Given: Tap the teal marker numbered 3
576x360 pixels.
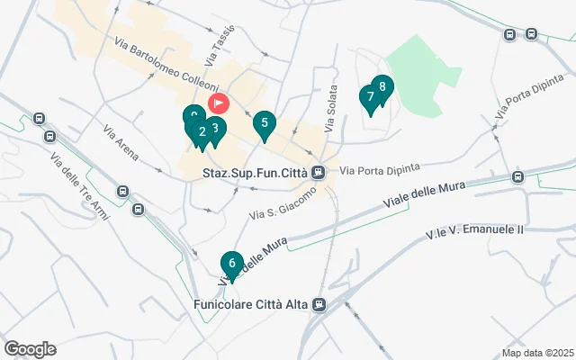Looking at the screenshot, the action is (x=213, y=128).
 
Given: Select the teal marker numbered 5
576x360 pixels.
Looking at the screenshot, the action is (x=264, y=123).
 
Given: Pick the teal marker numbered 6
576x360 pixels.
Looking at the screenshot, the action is (x=232, y=264).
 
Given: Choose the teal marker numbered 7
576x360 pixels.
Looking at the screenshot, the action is (x=370, y=97).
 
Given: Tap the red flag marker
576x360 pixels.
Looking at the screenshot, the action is (x=219, y=103).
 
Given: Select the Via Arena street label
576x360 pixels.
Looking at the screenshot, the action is (x=120, y=142).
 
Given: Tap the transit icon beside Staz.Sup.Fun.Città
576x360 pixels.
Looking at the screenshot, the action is (x=319, y=173).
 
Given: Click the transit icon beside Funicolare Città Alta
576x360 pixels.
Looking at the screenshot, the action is (x=319, y=304).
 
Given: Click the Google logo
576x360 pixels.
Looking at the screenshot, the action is (x=30, y=349).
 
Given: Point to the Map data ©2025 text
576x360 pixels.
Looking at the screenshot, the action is (x=536, y=353).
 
